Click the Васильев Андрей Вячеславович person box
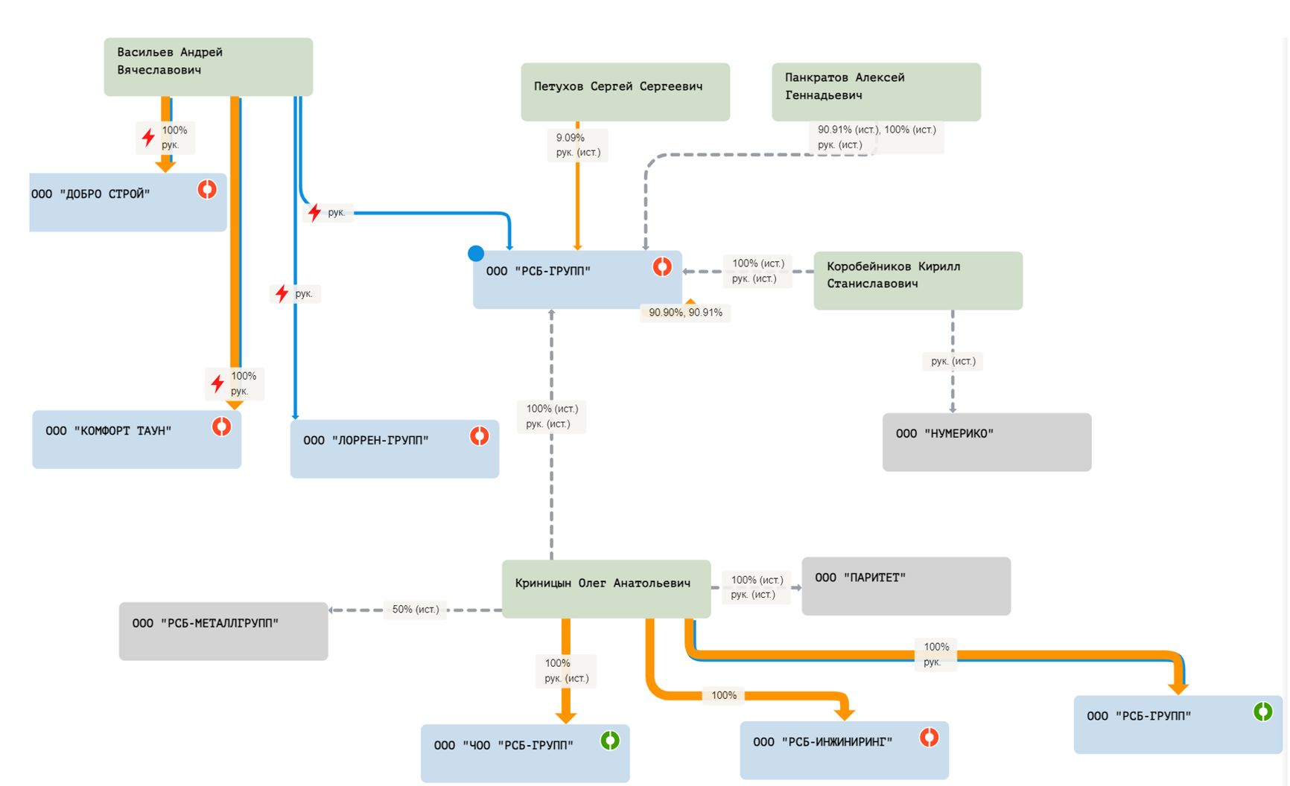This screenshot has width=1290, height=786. [x=208, y=67]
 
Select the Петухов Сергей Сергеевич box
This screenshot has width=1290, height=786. [x=625, y=92]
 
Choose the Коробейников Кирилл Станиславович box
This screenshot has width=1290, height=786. [x=918, y=280]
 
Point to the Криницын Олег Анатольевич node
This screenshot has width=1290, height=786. [x=606, y=588]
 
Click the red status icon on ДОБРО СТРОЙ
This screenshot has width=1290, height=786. [x=207, y=189]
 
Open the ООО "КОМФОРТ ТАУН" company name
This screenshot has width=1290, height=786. [x=109, y=431]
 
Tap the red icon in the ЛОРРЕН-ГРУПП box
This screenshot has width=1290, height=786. [x=480, y=436]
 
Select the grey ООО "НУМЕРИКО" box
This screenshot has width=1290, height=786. [x=986, y=442]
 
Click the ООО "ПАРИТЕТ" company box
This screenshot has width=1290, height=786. [x=906, y=586]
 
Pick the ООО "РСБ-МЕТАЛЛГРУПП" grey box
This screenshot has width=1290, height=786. [x=223, y=630]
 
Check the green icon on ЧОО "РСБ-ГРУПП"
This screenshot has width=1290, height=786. [x=610, y=741]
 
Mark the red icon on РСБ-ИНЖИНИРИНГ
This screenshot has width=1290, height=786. [x=929, y=738]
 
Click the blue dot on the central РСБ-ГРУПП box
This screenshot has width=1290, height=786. [x=476, y=254]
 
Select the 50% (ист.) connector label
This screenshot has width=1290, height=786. [x=416, y=610]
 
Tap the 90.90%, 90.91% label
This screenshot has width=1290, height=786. [x=685, y=313]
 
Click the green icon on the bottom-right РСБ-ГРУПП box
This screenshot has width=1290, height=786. [x=1262, y=712]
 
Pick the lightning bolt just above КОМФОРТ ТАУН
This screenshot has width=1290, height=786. [x=217, y=383]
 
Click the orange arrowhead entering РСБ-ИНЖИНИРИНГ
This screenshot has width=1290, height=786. [x=844, y=714]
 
